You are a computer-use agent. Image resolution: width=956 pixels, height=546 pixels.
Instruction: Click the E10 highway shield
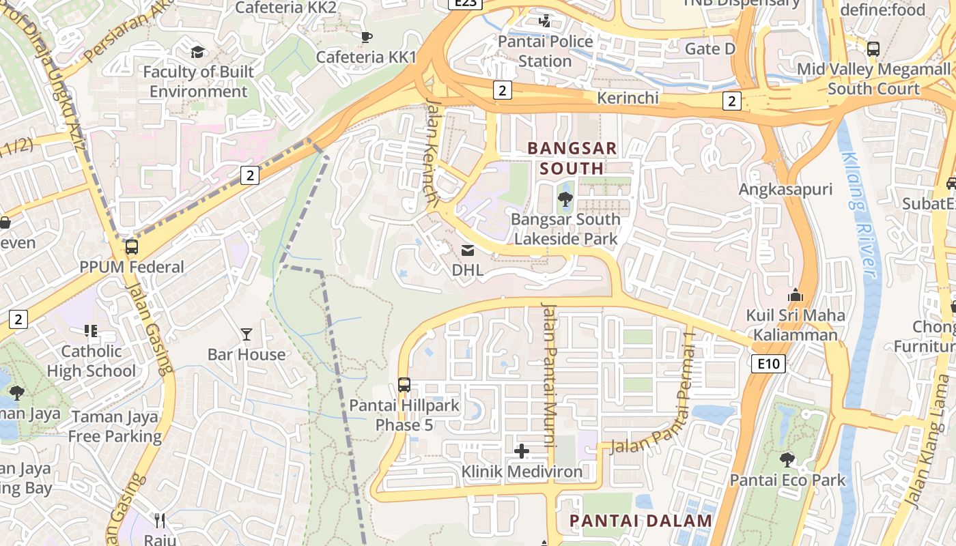tap(768, 364)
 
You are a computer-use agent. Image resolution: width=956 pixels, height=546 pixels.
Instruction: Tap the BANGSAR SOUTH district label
tap(572, 158)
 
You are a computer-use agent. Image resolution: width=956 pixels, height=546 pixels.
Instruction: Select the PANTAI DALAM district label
tap(641, 521)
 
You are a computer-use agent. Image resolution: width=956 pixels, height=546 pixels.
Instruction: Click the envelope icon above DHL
tap(468, 250)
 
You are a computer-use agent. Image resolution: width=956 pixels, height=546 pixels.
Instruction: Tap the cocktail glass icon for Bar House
tap(247, 334)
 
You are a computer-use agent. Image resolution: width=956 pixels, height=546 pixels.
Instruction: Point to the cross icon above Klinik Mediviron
tap(522, 451)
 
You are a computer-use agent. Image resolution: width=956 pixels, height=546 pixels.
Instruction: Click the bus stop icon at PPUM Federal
tap(131, 247)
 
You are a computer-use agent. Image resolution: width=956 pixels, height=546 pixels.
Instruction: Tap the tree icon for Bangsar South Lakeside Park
tap(565, 199)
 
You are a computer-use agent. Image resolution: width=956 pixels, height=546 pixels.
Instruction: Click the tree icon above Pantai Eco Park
tap(787, 459)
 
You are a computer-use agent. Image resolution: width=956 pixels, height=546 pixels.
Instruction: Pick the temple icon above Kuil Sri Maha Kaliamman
tap(795, 296)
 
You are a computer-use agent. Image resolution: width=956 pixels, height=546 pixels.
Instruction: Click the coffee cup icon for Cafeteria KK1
tap(366, 37)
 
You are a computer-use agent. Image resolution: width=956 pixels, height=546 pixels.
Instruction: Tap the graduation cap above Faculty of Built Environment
tap(198, 52)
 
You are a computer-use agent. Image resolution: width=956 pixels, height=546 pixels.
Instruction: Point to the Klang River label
tap(860, 215)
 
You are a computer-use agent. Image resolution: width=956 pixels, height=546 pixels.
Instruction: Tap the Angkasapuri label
tap(786, 189)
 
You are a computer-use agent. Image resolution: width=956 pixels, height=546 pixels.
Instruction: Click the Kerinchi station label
tap(628, 98)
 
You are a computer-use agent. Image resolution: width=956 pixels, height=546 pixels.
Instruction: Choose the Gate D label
tap(709, 49)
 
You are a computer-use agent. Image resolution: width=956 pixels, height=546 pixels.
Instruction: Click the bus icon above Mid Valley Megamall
tap(873, 49)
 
